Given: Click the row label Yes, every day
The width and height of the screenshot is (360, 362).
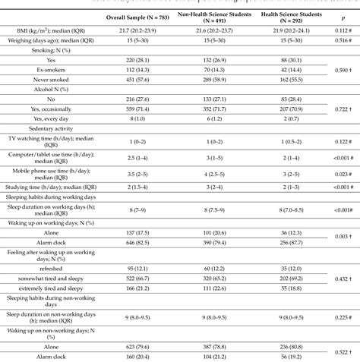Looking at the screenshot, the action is tap(51, 119).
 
